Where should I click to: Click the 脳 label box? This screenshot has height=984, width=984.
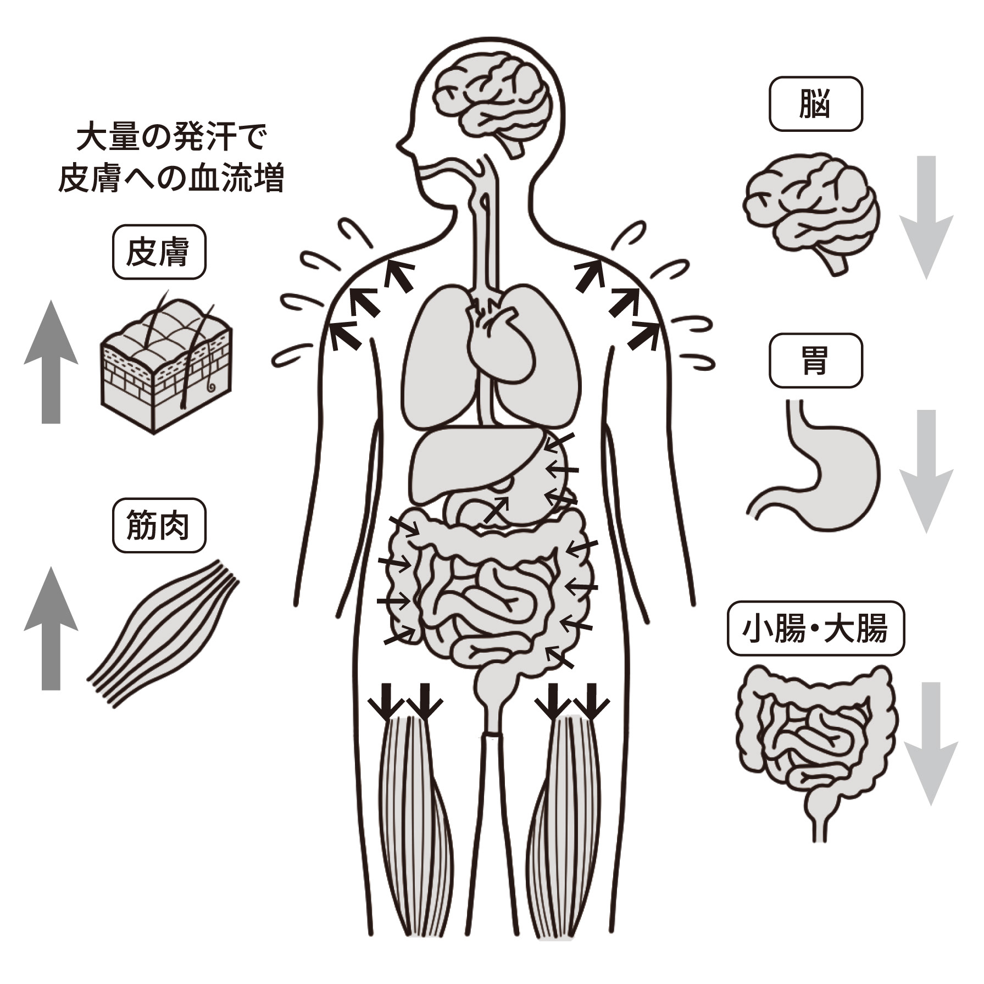coord(815,104)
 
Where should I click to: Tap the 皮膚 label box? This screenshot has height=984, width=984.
coord(159,253)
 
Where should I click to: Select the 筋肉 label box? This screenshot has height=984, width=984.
coord(159,525)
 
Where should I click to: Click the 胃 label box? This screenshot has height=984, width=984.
coord(815,360)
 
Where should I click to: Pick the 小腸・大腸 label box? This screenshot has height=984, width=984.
coord(815,630)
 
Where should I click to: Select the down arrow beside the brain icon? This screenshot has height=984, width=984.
coord(926,217)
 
